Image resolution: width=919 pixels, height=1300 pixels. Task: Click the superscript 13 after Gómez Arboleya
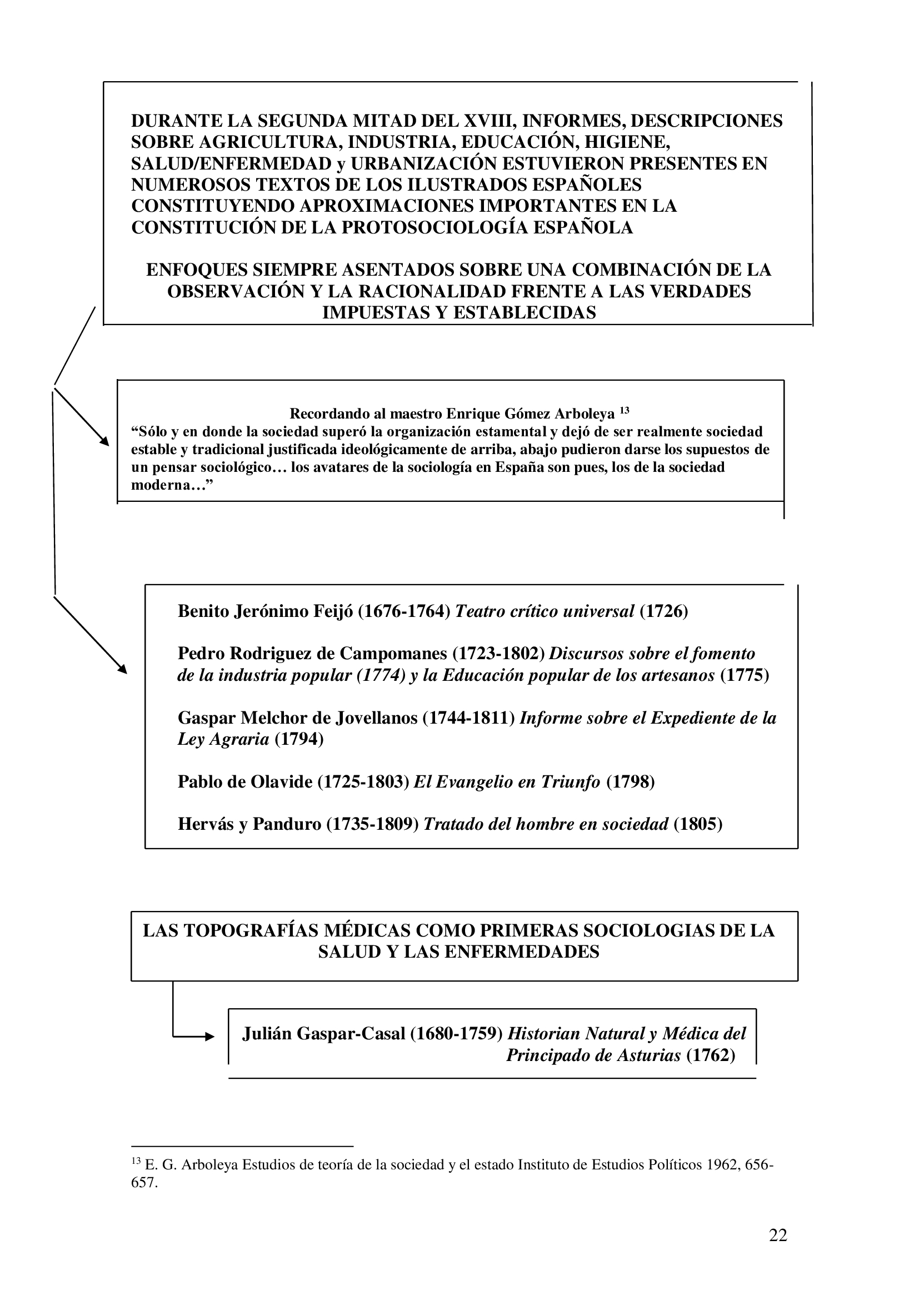coord(624,411)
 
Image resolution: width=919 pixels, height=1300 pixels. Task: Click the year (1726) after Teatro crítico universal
coord(664,611)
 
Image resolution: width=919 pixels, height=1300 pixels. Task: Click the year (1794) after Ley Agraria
coord(299,739)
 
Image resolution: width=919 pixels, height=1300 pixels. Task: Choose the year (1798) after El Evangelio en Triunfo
coord(631,782)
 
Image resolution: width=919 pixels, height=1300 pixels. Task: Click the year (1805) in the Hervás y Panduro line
coord(698,824)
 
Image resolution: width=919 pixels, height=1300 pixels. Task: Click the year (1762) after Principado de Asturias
coord(711,1055)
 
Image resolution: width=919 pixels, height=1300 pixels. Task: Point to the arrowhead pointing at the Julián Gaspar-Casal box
coord(211,1037)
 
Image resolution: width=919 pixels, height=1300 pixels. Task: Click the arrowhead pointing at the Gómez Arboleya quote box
coord(104,441)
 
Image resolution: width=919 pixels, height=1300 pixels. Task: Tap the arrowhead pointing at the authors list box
coord(122,669)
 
